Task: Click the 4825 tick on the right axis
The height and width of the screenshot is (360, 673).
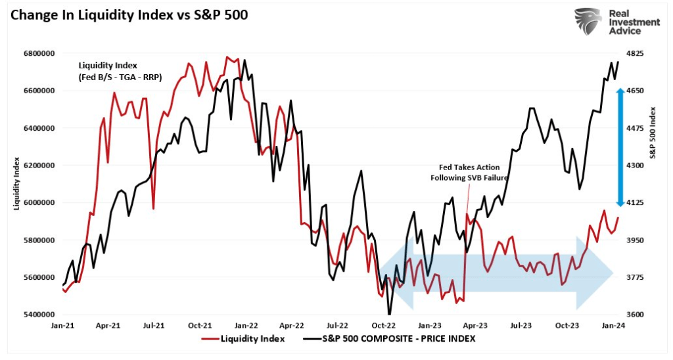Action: click(x=637, y=53)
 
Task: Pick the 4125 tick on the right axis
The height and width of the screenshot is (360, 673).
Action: click(x=637, y=203)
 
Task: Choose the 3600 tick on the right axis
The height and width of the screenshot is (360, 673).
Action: click(x=637, y=315)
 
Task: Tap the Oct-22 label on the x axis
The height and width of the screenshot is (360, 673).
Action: click(x=383, y=325)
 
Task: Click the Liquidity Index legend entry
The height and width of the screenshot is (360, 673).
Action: click(x=244, y=339)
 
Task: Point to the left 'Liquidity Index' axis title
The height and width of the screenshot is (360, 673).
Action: click(x=16, y=184)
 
